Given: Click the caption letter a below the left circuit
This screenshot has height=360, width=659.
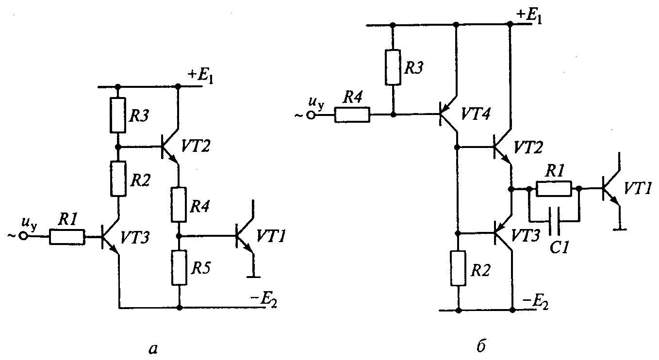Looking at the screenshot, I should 151,347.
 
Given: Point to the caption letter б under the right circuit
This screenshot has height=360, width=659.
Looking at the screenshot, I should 482,346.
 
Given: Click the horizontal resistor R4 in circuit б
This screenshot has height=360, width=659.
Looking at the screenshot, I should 352,115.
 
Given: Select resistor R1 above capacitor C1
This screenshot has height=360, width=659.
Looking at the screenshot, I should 554,189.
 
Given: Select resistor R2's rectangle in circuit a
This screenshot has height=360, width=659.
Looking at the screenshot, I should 118,179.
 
